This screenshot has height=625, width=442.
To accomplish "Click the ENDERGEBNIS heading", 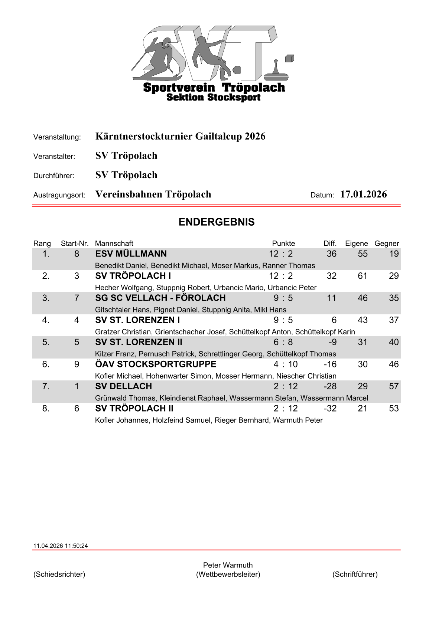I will click(x=217, y=222).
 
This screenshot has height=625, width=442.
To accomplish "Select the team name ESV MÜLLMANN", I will click(x=131, y=254).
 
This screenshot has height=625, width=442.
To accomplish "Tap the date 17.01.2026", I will click(x=363, y=194).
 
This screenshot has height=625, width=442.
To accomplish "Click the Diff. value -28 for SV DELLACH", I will click(x=330, y=386).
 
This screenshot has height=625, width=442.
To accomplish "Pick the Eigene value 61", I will click(x=363, y=276).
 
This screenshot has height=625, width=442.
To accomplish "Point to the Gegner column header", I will click(x=387, y=243).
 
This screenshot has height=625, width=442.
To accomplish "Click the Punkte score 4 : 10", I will click(x=286, y=364).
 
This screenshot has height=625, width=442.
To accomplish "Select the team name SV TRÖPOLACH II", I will click(x=134, y=408).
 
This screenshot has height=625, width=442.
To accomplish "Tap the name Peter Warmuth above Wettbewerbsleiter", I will click(x=228, y=565).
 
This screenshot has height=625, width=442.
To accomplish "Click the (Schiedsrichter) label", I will click(x=59, y=574).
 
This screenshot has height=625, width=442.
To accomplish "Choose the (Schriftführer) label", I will click(x=355, y=574).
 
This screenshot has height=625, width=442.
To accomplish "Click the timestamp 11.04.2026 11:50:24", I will click(x=61, y=546).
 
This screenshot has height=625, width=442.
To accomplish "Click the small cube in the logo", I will click(x=289, y=59).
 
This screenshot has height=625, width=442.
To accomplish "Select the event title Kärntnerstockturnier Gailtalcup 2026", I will click(x=180, y=136).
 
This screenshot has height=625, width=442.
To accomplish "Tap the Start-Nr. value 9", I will click(x=77, y=364).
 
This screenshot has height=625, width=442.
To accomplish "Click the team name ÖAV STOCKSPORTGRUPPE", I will click(x=156, y=364).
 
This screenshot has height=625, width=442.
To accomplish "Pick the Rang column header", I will click(x=42, y=243).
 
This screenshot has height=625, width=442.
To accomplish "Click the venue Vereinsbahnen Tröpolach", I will click(x=153, y=194).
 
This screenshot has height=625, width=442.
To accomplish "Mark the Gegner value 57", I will click(x=394, y=386).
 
